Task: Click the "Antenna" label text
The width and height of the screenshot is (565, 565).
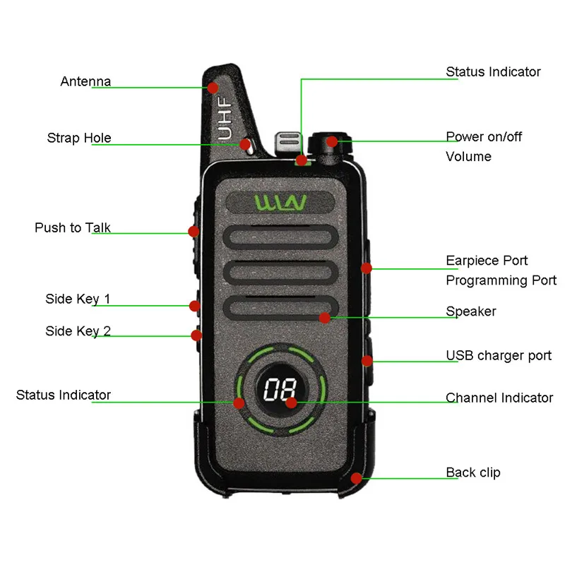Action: [x=85, y=81]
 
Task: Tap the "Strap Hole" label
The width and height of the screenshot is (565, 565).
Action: [x=79, y=138]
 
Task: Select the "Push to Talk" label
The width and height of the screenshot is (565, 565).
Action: [x=73, y=227]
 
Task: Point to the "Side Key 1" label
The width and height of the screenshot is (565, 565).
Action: [x=78, y=299]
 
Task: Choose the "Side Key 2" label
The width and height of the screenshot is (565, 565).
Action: [x=78, y=331]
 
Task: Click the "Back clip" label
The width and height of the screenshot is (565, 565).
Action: [x=472, y=472]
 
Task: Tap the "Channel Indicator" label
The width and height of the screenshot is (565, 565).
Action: [x=499, y=398]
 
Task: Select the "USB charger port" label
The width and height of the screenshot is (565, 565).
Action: [x=499, y=355]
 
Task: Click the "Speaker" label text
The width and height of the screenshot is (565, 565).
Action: [x=470, y=311]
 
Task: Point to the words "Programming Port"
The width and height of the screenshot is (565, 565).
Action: [x=501, y=280]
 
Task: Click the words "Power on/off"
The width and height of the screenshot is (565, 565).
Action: [x=484, y=136]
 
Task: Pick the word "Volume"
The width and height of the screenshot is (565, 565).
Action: [x=468, y=156]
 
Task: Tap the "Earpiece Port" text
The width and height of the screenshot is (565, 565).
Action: [x=487, y=261]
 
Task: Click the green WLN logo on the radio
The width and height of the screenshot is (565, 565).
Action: [x=280, y=203]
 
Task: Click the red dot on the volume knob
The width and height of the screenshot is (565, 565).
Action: [x=331, y=141]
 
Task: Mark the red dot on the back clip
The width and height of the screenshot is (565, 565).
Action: [x=357, y=478]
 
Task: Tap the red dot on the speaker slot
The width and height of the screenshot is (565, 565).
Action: [x=324, y=318]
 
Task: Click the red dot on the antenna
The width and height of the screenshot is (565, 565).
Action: [x=212, y=88]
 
